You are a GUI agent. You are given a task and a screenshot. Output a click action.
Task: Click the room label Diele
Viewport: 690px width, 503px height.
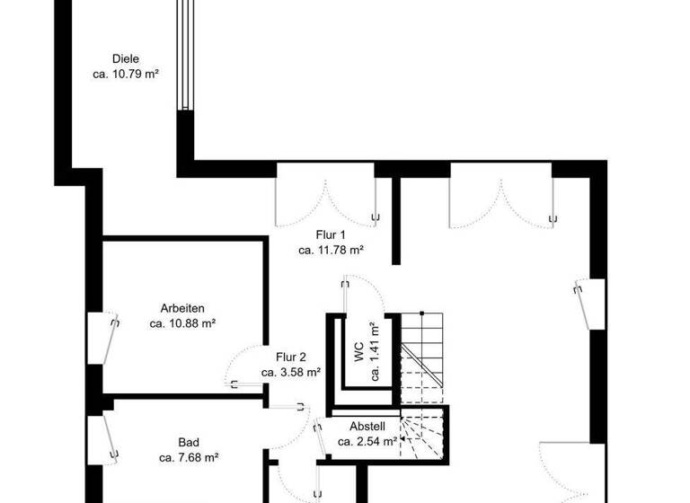click(126, 59)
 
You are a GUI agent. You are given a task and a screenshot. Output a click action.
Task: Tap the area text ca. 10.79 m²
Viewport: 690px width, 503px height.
click(126, 75)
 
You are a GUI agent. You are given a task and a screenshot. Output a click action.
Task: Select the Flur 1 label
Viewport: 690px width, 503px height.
click(331, 235)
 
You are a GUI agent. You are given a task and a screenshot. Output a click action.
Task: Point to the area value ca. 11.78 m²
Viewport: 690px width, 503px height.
click(331, 251)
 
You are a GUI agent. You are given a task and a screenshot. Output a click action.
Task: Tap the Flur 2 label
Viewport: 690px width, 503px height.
click(291, 357)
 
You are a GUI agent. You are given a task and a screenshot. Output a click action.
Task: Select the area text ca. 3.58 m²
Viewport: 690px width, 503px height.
click(291, 372)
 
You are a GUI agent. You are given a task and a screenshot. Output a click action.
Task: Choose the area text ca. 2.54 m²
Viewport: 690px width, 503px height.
click(367, 442)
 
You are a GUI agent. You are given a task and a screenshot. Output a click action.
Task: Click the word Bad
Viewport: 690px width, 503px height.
click(189, 442)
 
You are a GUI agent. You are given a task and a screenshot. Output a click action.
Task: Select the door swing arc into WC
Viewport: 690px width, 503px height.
click(364, 292)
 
